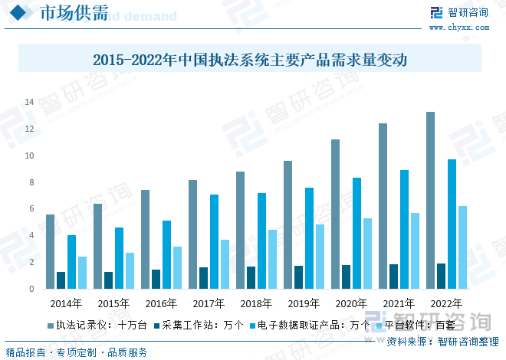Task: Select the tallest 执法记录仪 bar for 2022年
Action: tap(430, 201)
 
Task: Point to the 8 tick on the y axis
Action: tap(31, 182)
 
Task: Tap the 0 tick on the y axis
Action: tap(31, 290)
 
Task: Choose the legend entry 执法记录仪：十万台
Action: tap(95, 325)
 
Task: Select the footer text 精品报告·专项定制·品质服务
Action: tap(77, 352)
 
